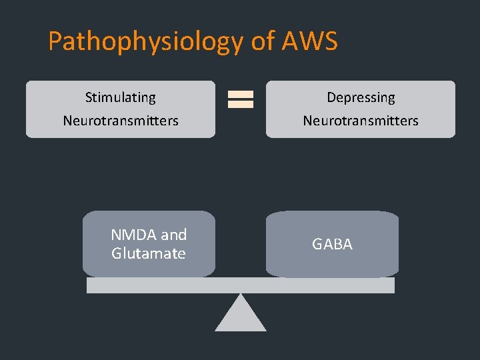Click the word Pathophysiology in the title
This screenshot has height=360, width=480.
(x=146, y=41)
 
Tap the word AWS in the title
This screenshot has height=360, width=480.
(x=310, y=41)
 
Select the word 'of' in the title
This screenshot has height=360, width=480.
(x=263, y=41)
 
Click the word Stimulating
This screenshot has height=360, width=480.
(x=121, y=97)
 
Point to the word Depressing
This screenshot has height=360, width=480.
(x=361, y=97)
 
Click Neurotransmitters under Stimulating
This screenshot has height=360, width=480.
(x=121, y=121)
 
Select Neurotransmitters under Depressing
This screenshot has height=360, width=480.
(x=361, y=121)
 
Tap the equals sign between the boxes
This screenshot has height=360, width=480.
(x=241, y=99)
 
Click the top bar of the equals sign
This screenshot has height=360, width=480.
(x=241, y=95)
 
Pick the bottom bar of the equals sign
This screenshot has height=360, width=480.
(x=241, y=104)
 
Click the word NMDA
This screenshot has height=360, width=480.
(x=134, y=235)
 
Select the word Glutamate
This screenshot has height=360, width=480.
(x=149, y=253)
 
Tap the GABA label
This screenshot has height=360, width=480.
(x=332, y=244)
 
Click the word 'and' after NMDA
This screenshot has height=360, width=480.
(x=173, y=235)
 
